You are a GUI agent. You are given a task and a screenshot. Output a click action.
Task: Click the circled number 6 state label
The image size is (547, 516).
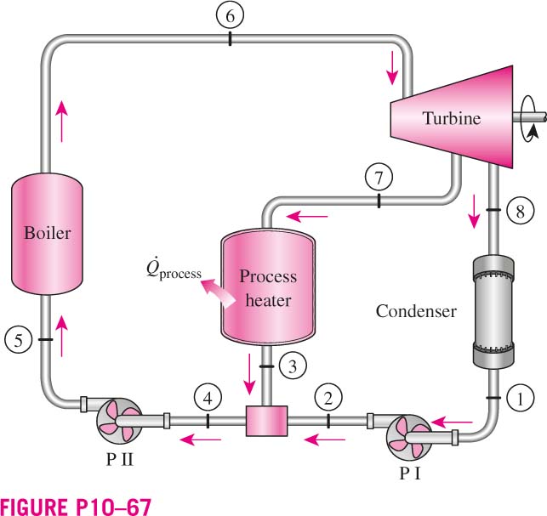(x=230, y=15)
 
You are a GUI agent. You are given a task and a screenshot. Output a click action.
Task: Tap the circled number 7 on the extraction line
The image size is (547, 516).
(x=379, y=178)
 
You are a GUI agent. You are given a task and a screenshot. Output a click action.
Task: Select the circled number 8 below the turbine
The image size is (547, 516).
(x=520, y=211)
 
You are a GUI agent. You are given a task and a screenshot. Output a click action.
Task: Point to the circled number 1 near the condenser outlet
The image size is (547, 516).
(x=520, y=399)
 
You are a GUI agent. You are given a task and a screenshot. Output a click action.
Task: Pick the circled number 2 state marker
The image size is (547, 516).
(x=328, y=398)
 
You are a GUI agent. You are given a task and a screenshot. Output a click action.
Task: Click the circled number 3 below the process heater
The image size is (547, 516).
(x=293, y=366)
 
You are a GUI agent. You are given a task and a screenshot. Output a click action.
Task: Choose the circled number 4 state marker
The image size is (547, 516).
(x=208, y=398)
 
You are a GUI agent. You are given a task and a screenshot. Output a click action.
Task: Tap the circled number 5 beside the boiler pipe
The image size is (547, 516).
(x=19, y=339)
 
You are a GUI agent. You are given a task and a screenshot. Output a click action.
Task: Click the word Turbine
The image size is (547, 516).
(x=452, y=118)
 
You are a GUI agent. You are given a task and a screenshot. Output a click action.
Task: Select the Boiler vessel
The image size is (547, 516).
(x=47, y=233)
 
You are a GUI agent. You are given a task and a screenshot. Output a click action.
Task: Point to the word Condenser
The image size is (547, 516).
(x=416, y=311)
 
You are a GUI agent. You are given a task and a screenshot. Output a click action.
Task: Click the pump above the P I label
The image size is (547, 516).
(x=410, y=436)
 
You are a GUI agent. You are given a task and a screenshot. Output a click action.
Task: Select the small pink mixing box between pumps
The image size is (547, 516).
(x=267, y=421)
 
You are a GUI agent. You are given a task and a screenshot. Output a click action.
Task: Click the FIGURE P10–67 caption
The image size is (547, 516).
(x=76, y=507)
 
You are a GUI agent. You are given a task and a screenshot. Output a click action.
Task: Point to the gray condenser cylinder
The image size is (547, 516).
(x=493, y=312)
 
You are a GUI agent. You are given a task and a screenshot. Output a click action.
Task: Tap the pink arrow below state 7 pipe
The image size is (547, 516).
(x=307, y=217)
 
